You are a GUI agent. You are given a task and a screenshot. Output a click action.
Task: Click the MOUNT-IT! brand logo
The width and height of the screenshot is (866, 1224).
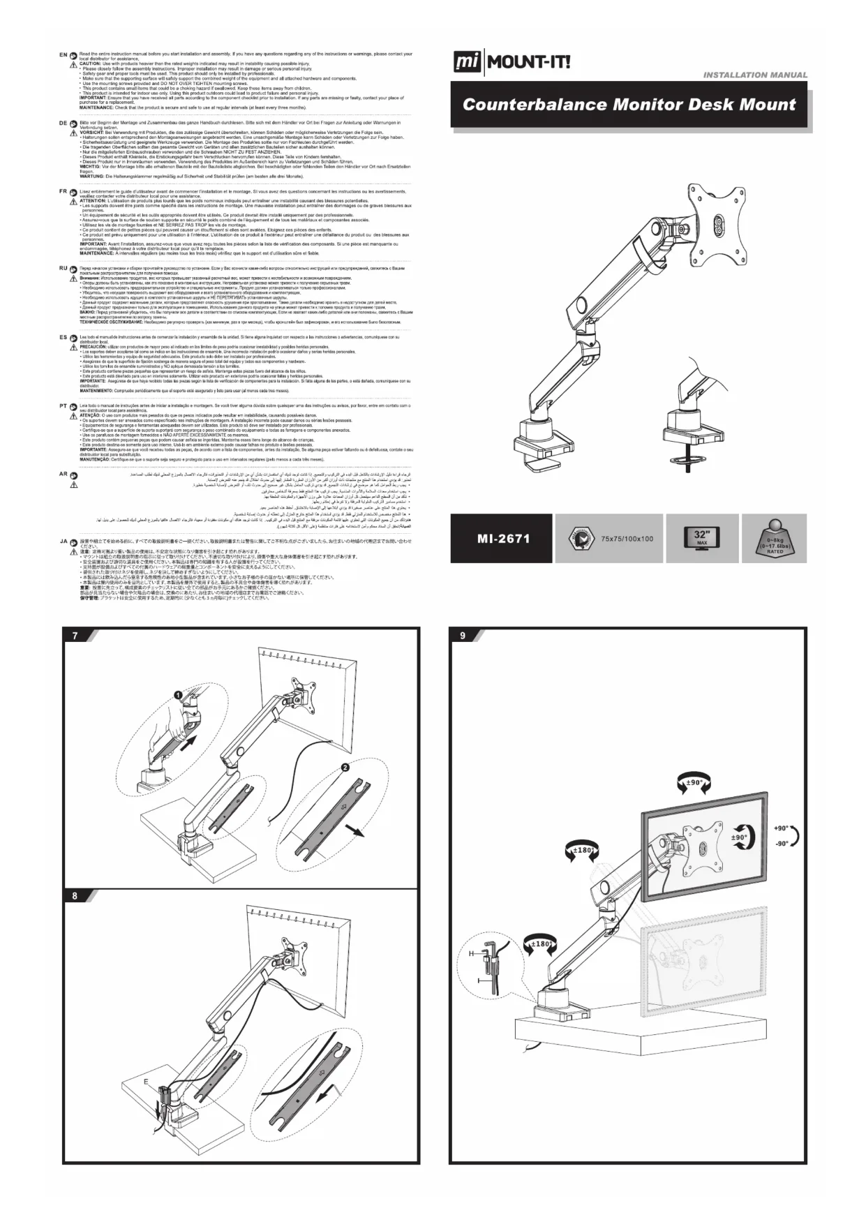[512, 63]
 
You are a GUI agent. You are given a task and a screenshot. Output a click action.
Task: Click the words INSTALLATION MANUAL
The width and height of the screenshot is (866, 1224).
[755, 75]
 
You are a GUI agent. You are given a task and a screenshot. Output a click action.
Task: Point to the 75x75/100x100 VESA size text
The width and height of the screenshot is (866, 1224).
[627, 539]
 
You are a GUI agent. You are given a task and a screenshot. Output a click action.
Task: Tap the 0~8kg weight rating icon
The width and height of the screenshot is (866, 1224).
[775, 538]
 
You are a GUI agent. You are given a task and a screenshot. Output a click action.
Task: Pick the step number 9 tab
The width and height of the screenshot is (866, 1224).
[463, 636]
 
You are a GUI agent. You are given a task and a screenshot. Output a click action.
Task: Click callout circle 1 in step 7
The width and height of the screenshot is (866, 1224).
[178, 695]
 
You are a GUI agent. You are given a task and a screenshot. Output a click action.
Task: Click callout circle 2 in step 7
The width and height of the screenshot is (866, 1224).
[345, 768]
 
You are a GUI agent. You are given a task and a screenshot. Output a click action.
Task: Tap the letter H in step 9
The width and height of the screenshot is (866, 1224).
[471, 953]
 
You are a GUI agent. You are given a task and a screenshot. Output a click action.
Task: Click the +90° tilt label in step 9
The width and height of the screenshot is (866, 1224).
[781, 828]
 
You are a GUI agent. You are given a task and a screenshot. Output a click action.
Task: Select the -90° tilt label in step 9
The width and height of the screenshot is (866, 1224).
[781, 843]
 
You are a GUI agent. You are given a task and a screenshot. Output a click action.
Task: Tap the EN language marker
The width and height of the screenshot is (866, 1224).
[64, 54]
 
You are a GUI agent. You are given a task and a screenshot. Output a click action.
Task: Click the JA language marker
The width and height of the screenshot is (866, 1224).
[64, 541]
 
